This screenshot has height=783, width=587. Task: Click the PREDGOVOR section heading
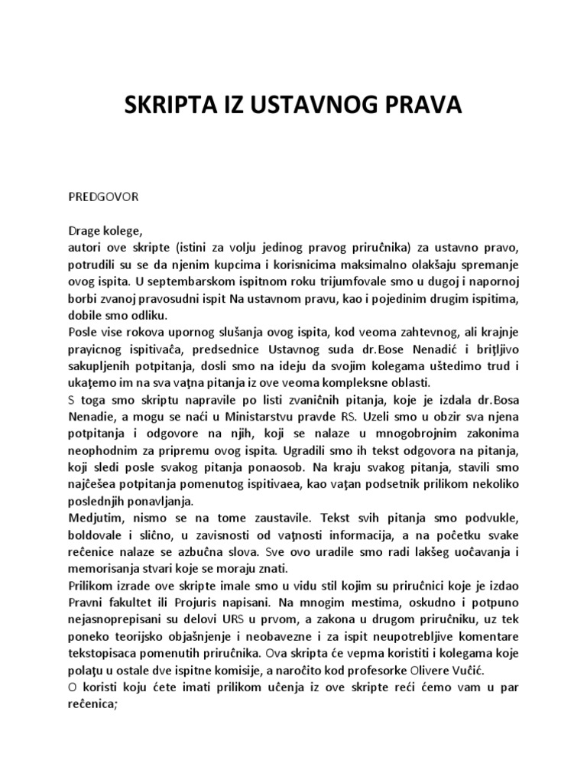[104, 196]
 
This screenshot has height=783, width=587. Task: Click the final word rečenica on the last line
[93, 703]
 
